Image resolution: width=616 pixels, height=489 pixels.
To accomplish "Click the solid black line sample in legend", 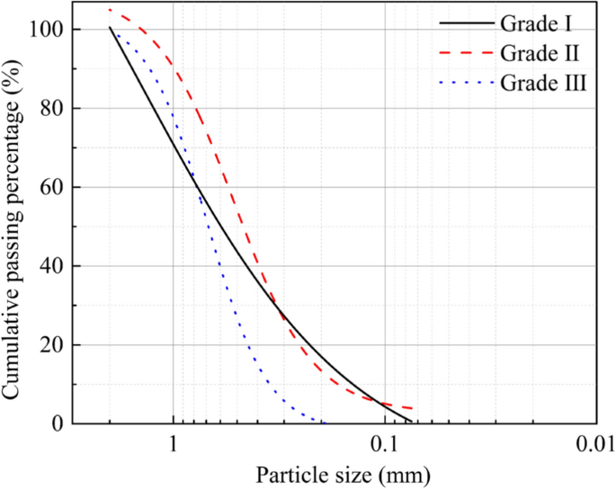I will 467,20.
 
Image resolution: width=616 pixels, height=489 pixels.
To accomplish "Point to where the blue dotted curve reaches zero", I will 324,422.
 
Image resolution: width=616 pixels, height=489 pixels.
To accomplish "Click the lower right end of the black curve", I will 411,421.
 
